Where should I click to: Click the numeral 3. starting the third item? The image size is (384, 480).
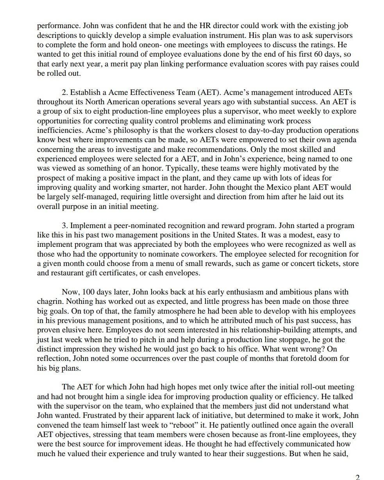(x=65, y=226)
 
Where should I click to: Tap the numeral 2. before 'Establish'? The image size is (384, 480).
(x=65, y=93)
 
